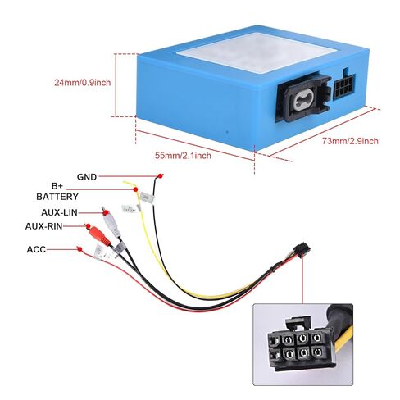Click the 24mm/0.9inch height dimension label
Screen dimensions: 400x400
pyautogui.click(x=83, y=82)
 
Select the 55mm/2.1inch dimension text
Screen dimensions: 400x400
pyautogui.click(x=183, y=156)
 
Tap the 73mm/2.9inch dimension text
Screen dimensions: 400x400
pyautogui.click(x=350, y=141)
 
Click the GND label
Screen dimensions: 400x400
pyautogui.click(x=87, y=177)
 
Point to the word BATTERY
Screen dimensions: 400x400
pyautogui.click(x=57, y=197)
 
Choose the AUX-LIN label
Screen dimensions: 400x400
pyautogui.click(x=59, y=212)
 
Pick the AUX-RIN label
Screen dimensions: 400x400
pyautogui.click(x=43, y=226)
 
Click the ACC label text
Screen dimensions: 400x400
pyautogui.click(x=36, y=249)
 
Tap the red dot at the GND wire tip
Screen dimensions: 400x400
pyautogui.click(x=161, y=175)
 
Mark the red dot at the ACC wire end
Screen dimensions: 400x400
pyautogui.click(x=80, y=249)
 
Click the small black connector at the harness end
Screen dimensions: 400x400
pyautogui.click(x=302, y=251)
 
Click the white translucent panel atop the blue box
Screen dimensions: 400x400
pyautogui.click(x=257, y=52)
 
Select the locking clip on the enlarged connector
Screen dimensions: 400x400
pyautogui.click(x=298, y=323)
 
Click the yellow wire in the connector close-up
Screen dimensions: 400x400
pyautogui.click(x=345, y=335)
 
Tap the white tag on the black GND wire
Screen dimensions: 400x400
pyautogui.click(x=148, y=198)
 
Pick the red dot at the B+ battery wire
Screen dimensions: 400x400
pyautogui.click(x=135, y=189)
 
